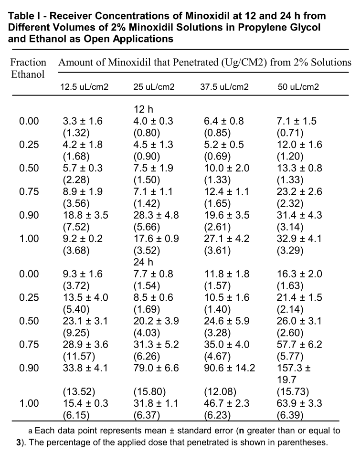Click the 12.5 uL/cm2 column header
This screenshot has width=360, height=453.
(84, 87)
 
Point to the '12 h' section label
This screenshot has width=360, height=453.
(144, 110)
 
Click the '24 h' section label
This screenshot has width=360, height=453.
(144, 262)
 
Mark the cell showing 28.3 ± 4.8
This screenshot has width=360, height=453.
(156, 215)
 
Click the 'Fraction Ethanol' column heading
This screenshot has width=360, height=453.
(28, 68)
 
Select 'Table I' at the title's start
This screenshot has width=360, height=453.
(24, 15)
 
